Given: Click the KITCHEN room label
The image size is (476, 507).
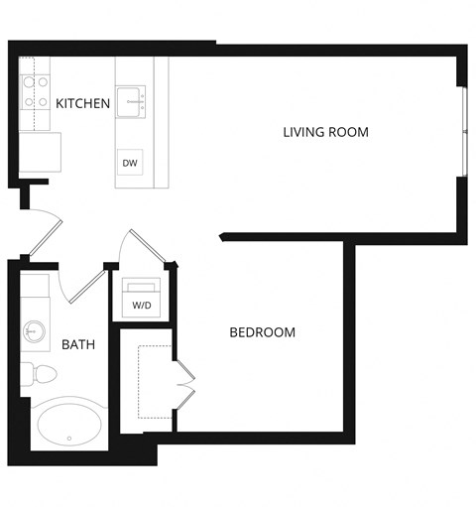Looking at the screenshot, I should click(82, 103).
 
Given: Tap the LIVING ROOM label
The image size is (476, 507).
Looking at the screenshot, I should click(325, 131).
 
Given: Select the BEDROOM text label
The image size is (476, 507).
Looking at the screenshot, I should click(262, 332).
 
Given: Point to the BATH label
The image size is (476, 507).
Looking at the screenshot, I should click(78, 345).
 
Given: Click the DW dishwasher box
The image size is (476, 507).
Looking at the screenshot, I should click(129, 163).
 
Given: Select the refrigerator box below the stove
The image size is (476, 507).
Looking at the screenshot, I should click(40, 152).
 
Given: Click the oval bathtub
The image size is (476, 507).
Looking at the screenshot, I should click(69, 425).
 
